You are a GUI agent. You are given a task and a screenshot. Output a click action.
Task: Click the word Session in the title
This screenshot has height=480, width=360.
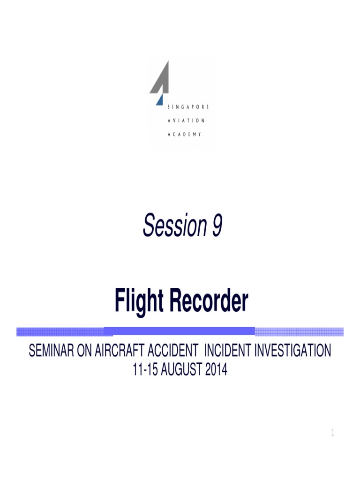[170, 226]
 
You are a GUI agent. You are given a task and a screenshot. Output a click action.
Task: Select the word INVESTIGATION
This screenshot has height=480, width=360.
[293, 351]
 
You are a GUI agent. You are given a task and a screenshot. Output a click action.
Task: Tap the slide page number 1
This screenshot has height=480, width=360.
[332, 434]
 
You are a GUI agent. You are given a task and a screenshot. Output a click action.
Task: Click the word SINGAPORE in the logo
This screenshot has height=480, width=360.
[188, 107]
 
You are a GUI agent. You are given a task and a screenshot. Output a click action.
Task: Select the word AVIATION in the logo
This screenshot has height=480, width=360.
[186, 120]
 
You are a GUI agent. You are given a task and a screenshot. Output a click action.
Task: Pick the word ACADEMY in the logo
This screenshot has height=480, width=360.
[185, 134]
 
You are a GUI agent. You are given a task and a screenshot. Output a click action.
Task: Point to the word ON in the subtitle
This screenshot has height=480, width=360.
[85, 351]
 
